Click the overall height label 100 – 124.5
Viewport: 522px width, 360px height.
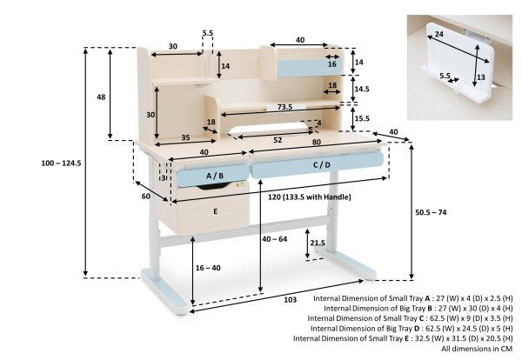click(x=61, y=163)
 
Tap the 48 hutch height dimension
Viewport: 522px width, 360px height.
click(x=101, y=97)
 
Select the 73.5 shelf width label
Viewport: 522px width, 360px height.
click(x=284, y=107)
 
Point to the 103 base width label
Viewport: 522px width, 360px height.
click(x=290, y=300)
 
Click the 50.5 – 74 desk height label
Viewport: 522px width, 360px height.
click(x=431, y=212)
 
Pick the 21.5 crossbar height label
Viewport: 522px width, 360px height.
click(x=318, y=243)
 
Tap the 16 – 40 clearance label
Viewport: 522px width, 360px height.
click(x=208, y=268)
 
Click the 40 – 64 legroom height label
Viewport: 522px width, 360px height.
click(x=275, y=239)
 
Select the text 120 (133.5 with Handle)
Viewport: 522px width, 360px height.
click(x=310, y=197)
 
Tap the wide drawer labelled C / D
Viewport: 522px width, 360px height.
click(x=318, y=165)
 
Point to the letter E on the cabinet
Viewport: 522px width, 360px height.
click(x=216, y=211)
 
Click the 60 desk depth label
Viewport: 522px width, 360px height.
click(x=146, y=197)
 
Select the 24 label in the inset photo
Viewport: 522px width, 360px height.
click(x=438, y=34)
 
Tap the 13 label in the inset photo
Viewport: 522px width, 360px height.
click(x=481, y=77)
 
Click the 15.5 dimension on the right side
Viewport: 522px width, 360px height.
click(x=362, y=118)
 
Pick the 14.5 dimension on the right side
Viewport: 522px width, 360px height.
click(x=362, y=89)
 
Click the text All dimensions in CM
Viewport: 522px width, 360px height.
click(x=477, y=349)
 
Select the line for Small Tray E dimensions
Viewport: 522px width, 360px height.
click(x=403, y=338)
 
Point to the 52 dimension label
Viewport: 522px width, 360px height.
click(x=278, y=140)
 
